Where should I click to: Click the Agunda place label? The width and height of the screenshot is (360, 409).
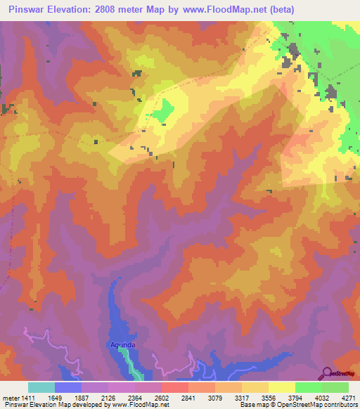[x=122, y=344]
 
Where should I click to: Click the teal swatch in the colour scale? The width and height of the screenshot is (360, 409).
[x=41, y=387]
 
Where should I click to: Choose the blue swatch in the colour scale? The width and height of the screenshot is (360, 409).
[x=68, y=387]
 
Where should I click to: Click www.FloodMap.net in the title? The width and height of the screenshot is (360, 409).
[x=224, y=10]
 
